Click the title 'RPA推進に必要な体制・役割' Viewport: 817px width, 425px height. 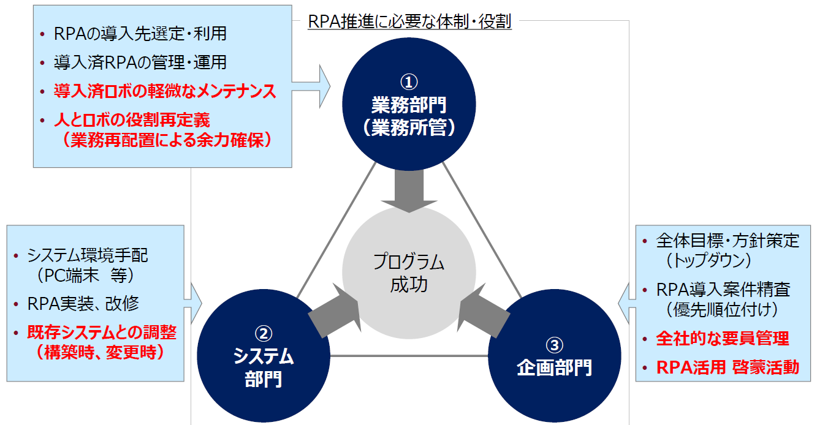pos(409,23)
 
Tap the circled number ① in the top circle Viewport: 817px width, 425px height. pos(409,81)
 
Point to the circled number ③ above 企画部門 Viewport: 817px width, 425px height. pos(554,345)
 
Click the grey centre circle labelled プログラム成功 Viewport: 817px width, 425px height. pos(409,273)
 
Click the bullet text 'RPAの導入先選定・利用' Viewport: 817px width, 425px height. pos(140,34)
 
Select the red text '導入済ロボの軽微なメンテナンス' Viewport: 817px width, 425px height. pos(165,92)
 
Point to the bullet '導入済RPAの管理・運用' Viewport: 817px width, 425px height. pos(140,62)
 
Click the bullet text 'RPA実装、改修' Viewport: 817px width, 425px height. pos(83,304)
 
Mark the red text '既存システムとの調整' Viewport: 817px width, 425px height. pos(102,333)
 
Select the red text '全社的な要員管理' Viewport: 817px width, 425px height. pos(723,338)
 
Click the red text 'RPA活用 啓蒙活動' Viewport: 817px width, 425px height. pos(728,367)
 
